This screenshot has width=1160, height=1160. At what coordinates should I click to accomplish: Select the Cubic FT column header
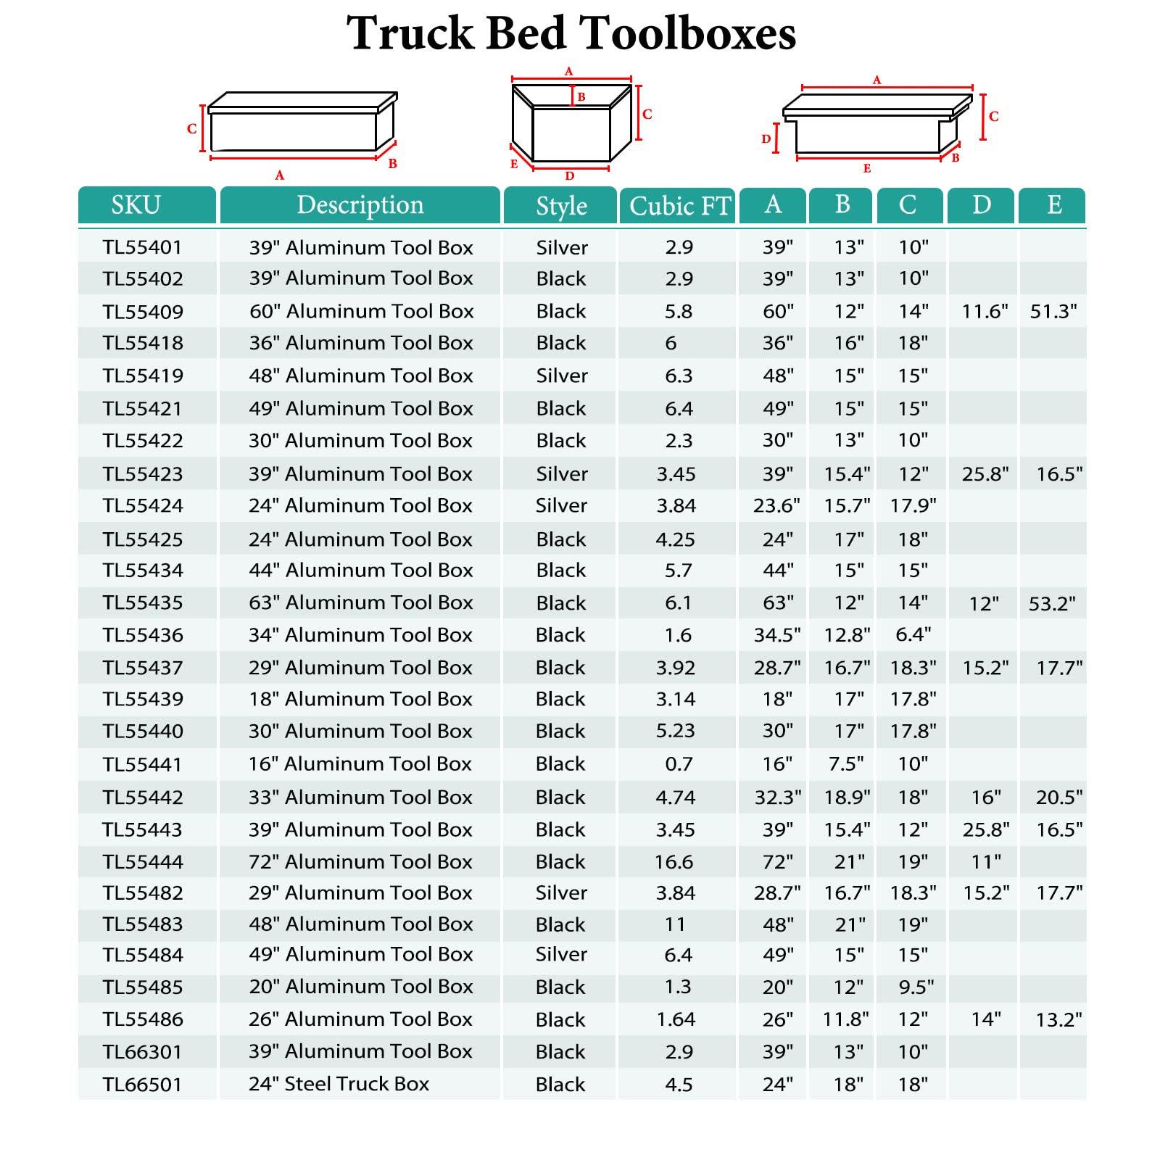[x=679, y=206]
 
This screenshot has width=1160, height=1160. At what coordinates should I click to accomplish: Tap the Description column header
[x=360, y=205]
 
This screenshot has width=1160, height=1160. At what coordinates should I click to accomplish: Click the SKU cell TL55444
[x=143, y=862]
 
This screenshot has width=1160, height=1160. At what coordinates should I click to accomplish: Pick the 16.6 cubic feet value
[x=674, y=862]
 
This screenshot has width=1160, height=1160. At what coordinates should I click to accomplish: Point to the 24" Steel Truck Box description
[x=339, y=1084]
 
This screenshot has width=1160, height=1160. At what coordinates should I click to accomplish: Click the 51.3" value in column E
[x=1053, y=312]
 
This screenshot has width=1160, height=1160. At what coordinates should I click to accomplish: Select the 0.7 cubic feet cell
[x=679, y=764]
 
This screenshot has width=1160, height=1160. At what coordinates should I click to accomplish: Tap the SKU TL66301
[x=143, y=1052]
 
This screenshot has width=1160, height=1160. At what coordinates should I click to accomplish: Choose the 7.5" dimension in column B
[x=846, y=764]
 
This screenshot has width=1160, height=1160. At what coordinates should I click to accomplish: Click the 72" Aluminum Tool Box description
[x=360, y=862]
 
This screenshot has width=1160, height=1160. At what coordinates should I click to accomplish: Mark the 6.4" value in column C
[x=913, y=635]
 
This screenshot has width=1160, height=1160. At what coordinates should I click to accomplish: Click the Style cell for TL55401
[x=562, y=248]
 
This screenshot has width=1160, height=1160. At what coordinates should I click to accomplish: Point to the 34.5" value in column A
[x=777, y=635]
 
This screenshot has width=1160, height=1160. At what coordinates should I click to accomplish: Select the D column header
[x=981, y=205]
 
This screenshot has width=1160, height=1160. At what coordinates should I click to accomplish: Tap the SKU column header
[x=136, y=205]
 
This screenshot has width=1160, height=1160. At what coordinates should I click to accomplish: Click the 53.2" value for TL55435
[x=1052, y=604]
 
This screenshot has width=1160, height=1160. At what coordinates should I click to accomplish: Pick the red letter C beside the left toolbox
[x=191, y=129]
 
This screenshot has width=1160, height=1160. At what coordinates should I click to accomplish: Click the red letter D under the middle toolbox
[x=570, y=176]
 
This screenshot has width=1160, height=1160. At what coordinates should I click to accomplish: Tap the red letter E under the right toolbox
[x=867, y=169]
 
